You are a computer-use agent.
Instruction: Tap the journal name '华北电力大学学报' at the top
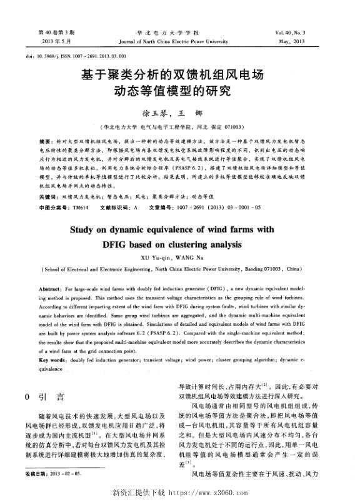(x=179, y=32)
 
